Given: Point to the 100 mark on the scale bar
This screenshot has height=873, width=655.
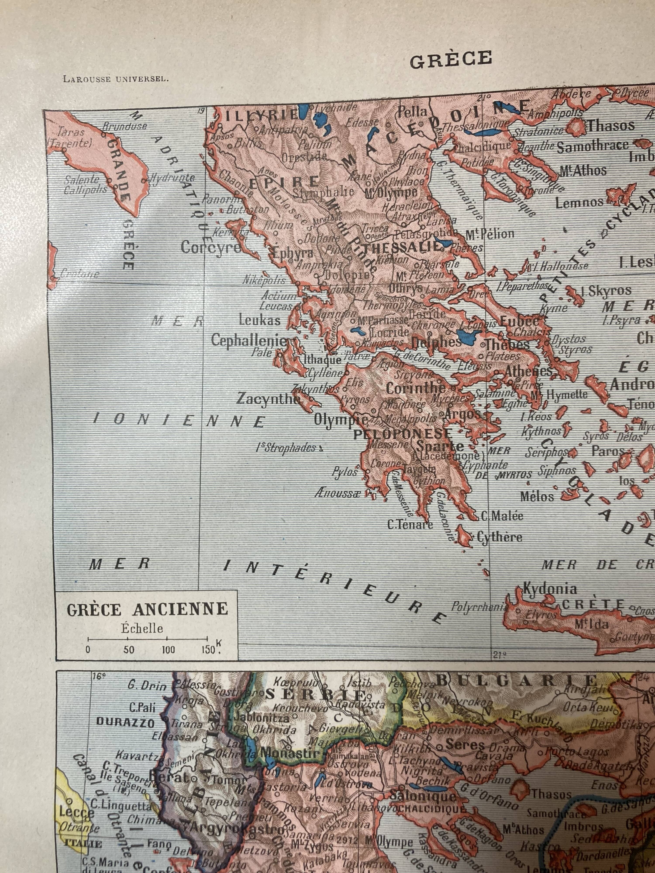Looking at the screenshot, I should [x=168, y=650].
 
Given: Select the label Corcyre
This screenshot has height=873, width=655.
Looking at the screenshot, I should [x=210, y=247].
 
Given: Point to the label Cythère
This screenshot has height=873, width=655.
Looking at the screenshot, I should [x=500, y=537].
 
